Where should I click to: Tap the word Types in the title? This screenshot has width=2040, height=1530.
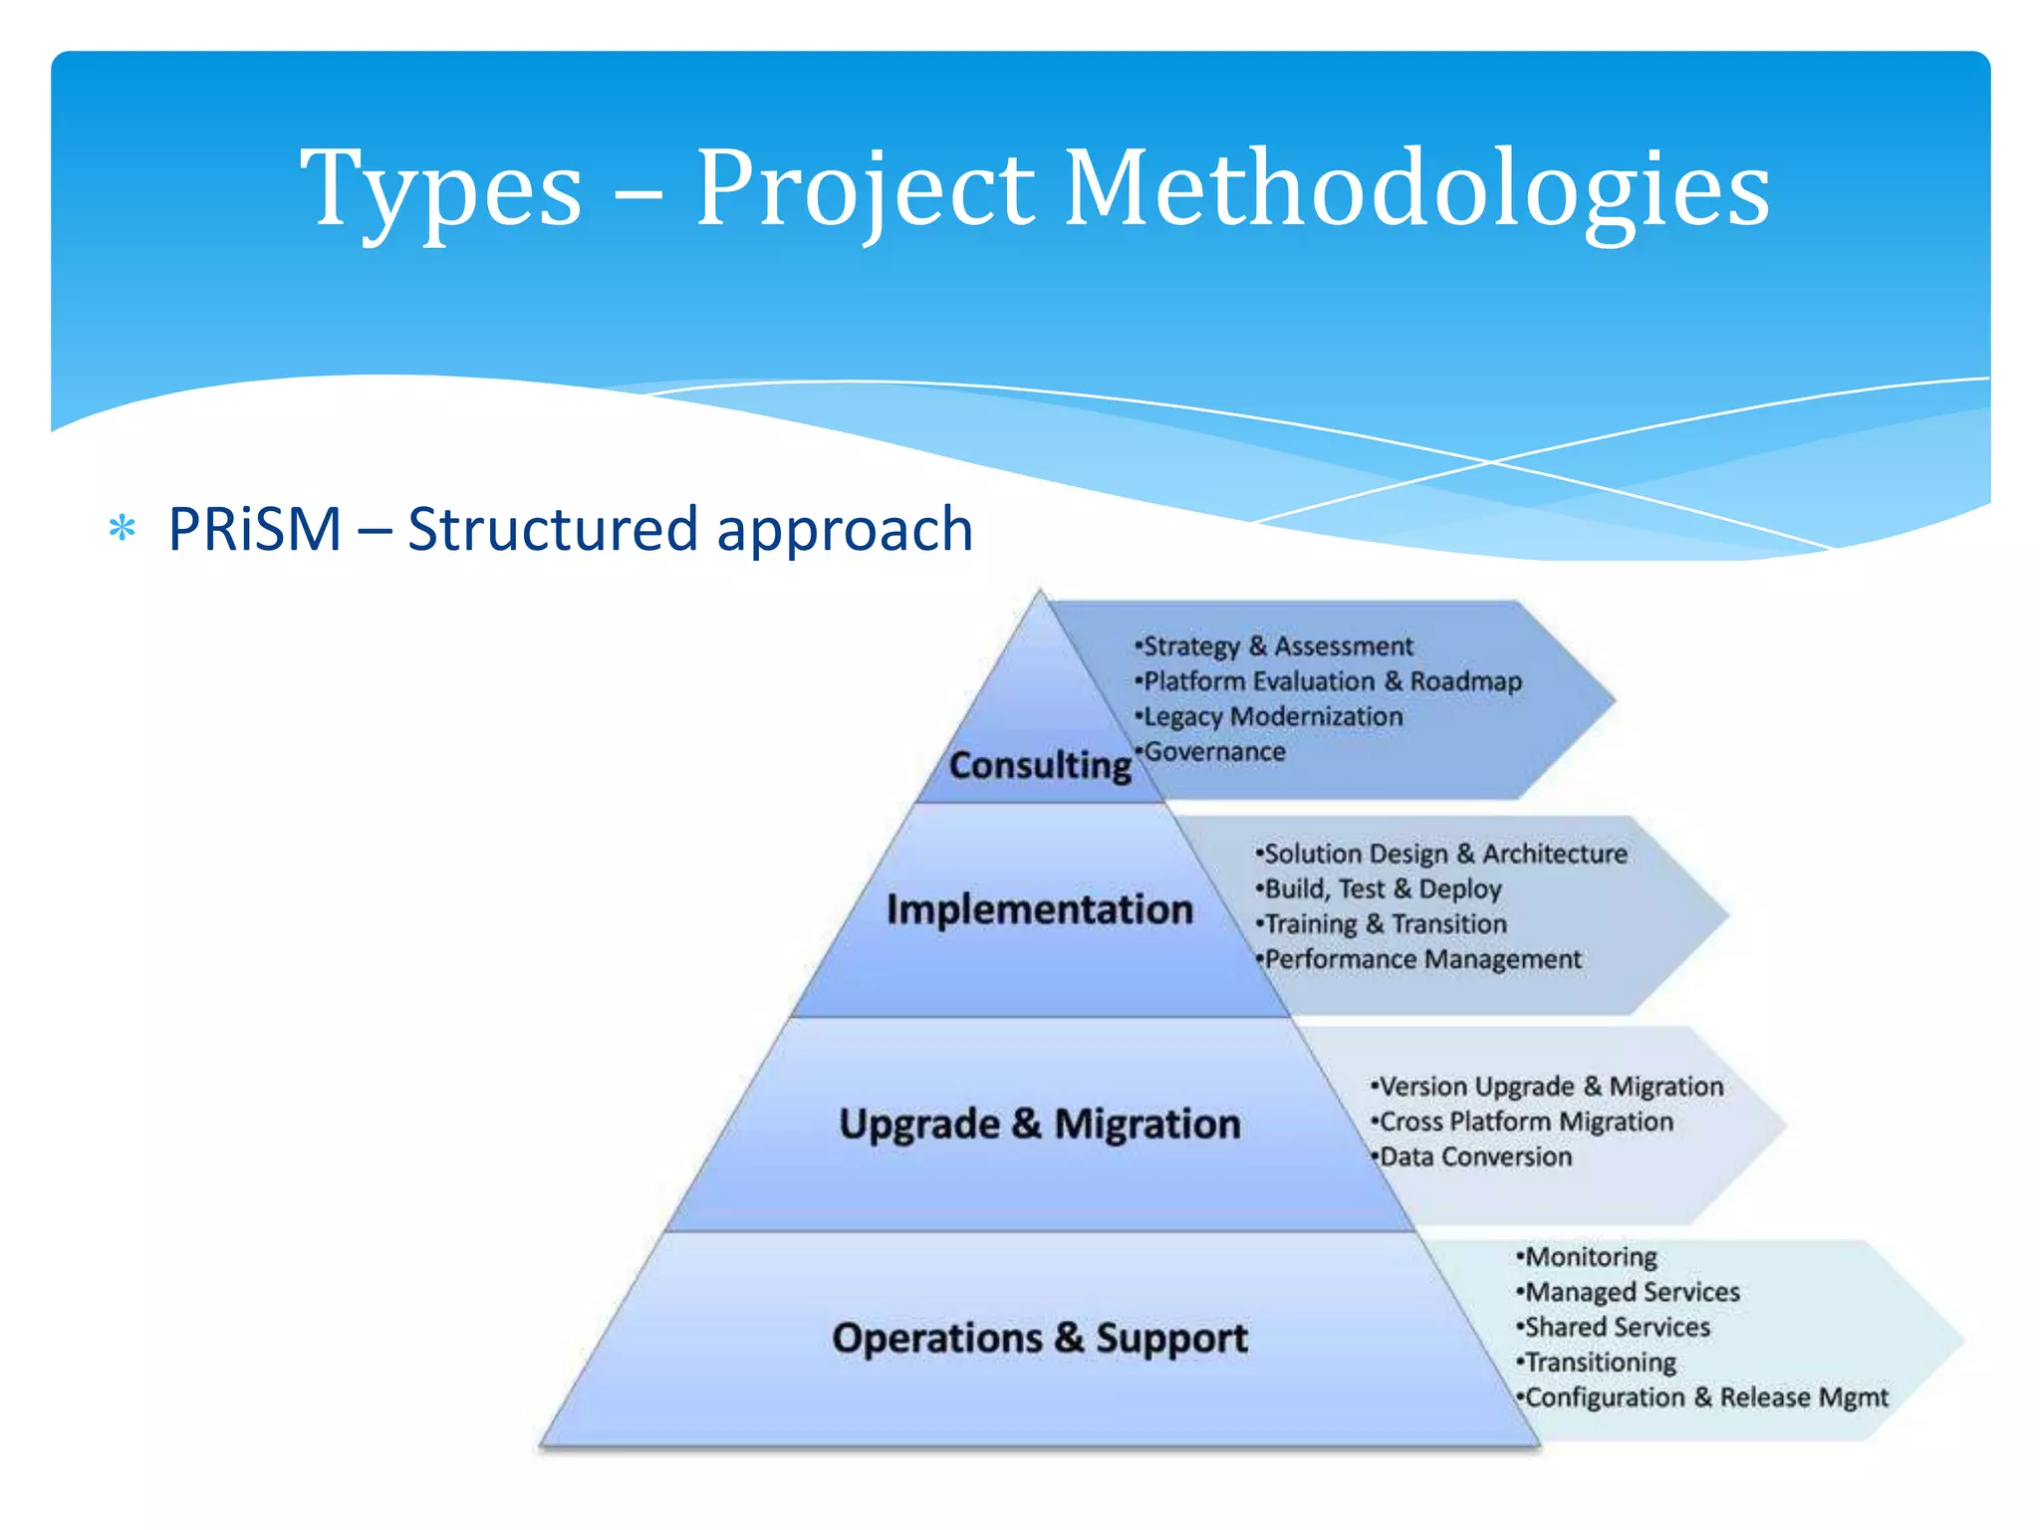[x=440, y=189]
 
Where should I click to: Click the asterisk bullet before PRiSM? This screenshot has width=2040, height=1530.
[x=123, y=529]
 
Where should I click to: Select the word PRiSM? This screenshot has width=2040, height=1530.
[x=255, y=529]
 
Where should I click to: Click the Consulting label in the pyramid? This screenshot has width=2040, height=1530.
[x=1040, y=765]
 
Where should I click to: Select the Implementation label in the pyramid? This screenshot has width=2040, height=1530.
[x=1039, y=909]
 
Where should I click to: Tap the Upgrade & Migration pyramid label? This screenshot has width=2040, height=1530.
[x=1039, y=1124]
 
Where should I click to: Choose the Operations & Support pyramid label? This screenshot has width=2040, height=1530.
[x=1039, y=1338]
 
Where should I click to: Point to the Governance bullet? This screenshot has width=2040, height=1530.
[x=1213, y=752]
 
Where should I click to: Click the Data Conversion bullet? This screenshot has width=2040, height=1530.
[x=1474, y=1156]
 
